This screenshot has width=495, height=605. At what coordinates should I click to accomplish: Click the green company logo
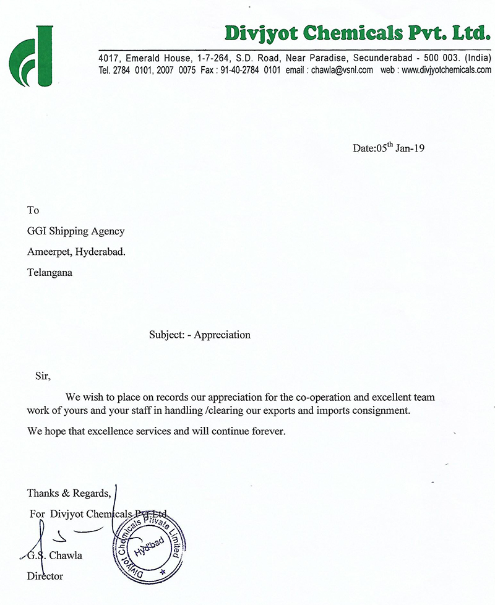pos(31,56)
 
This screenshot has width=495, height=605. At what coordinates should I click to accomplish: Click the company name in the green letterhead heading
pos(358,32)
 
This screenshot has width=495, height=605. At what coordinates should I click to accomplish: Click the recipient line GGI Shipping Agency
pos(75,231)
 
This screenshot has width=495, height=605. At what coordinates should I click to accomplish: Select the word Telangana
pos(49,271)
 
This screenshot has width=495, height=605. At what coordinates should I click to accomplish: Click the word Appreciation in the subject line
pos(222,335)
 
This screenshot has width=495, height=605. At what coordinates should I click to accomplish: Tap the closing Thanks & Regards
pos(69,493)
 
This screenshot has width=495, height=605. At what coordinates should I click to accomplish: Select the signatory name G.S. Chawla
pos(56,555)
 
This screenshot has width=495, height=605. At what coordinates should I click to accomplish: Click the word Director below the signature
pos(45,577)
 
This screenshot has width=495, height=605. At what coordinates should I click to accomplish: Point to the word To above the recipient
pos(33,211)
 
